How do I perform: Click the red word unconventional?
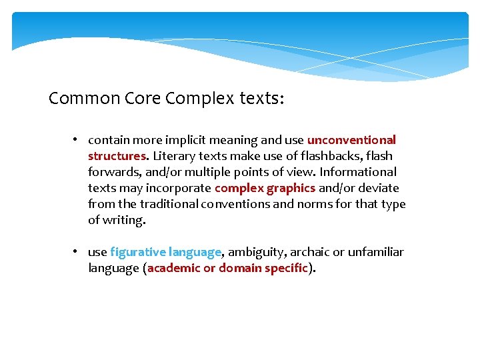(x=351, y=140)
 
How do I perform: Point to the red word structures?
(x=117, y=156)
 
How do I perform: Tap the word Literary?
(x=175, y=156)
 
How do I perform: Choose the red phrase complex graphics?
(x=265, y=188)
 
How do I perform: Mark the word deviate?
(x=379, y=188)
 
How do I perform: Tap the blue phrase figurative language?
(x=165, y=252)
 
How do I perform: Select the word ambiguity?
(x=254, y=252)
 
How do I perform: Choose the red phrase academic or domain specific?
(x=227, y=268)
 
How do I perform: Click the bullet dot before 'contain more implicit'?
(x=77, y=140)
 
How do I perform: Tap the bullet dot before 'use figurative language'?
(x=77, y=252)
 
